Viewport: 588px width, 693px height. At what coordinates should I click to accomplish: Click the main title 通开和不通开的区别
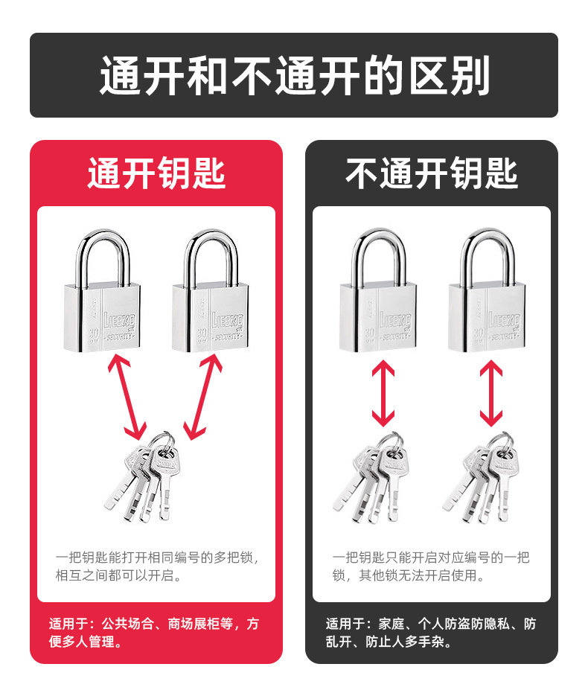[x=294, y=75]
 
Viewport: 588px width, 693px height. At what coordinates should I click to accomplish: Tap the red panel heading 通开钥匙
[x=156, y=173]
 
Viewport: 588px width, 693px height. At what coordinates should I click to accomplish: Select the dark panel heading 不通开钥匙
[x=431, y=173]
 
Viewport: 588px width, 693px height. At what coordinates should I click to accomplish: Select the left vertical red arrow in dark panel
[x=383, y=393]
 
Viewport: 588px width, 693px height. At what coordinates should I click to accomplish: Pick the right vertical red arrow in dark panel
[x=491, y=393]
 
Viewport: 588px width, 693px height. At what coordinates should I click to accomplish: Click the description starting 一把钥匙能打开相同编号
[x=156, y=566]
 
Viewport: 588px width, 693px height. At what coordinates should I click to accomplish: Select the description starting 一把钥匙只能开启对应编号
[x=431, y=566]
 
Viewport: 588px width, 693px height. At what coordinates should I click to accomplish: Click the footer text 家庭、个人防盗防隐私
[x=431, y=632]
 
